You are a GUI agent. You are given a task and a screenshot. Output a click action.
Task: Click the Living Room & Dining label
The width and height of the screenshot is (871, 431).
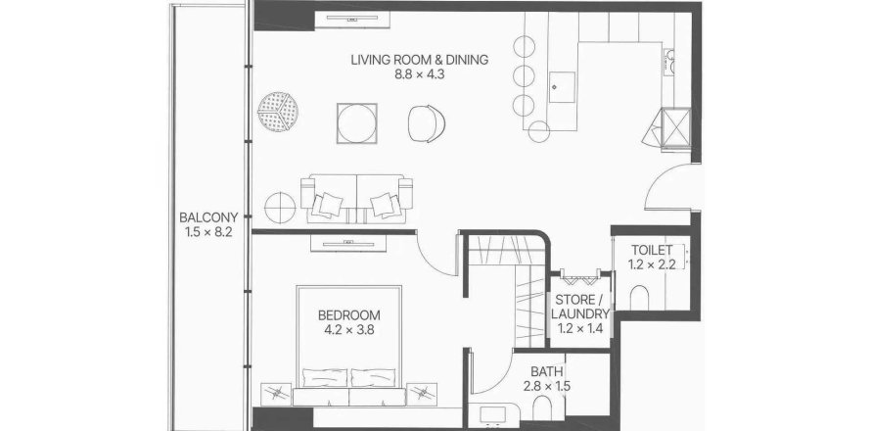click(420, 60)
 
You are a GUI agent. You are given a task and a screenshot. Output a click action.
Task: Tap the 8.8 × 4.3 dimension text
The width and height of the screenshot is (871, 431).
click(420, 74)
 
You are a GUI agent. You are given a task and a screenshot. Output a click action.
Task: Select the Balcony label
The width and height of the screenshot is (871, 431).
click(208, 216)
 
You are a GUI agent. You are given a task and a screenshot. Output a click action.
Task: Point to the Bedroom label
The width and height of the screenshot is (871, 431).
click(348, 315)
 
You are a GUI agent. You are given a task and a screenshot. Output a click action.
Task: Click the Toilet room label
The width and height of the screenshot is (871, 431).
click(652, 250)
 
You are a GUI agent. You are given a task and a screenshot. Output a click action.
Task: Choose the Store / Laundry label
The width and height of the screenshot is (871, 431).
click(580, 307)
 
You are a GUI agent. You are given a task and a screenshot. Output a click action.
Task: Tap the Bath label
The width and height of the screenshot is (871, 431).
click(547, 371)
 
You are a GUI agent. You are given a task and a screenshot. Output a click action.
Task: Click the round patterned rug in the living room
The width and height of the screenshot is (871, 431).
click(278, 112)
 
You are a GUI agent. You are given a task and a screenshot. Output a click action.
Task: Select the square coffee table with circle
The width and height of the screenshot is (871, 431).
click(356, 123)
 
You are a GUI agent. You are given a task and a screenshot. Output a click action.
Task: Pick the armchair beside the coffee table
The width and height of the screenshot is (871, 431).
click(427, 123)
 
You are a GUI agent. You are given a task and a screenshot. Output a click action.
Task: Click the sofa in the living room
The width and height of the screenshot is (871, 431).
click(356, 199)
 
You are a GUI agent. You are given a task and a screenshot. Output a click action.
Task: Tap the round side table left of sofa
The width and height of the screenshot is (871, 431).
click(280, 208)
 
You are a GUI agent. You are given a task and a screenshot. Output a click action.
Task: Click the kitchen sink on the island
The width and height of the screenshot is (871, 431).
click(562, 87)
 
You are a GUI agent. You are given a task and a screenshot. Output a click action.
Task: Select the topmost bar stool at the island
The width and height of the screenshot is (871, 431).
click(524, 46)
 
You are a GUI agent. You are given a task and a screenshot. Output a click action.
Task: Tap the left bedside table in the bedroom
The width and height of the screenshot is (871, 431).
click(276, 394)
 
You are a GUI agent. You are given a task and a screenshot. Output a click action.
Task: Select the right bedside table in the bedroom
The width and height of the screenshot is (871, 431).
click(422, 394)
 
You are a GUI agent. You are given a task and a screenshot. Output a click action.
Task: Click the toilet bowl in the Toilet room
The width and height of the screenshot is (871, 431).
click(640, 298)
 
